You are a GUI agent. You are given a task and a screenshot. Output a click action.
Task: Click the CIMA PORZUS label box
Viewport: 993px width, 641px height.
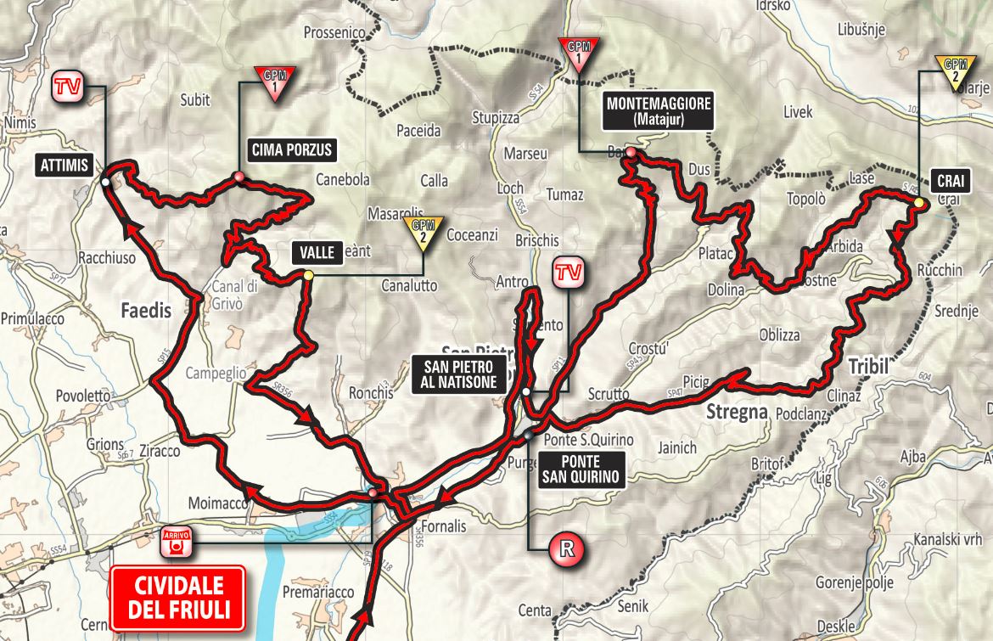(x=290, y=151)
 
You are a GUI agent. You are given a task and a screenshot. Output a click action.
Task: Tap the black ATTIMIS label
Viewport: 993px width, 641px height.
(x=64, y=166)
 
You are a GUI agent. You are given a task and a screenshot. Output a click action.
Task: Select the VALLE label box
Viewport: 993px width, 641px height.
(x=317, y=251)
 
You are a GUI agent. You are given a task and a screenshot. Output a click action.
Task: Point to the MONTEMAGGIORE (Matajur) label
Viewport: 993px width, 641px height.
(x=659, y=112)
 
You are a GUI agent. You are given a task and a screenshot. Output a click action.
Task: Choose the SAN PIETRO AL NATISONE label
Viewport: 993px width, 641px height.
(x=459, y=374)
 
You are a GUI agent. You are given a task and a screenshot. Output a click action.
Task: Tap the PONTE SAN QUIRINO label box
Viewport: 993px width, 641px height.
(x=582, y=469)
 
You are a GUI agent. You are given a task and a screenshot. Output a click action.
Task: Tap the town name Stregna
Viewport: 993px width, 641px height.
(x=736, y=413)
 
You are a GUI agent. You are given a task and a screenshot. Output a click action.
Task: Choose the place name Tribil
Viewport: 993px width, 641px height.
(x=867, y=366)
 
